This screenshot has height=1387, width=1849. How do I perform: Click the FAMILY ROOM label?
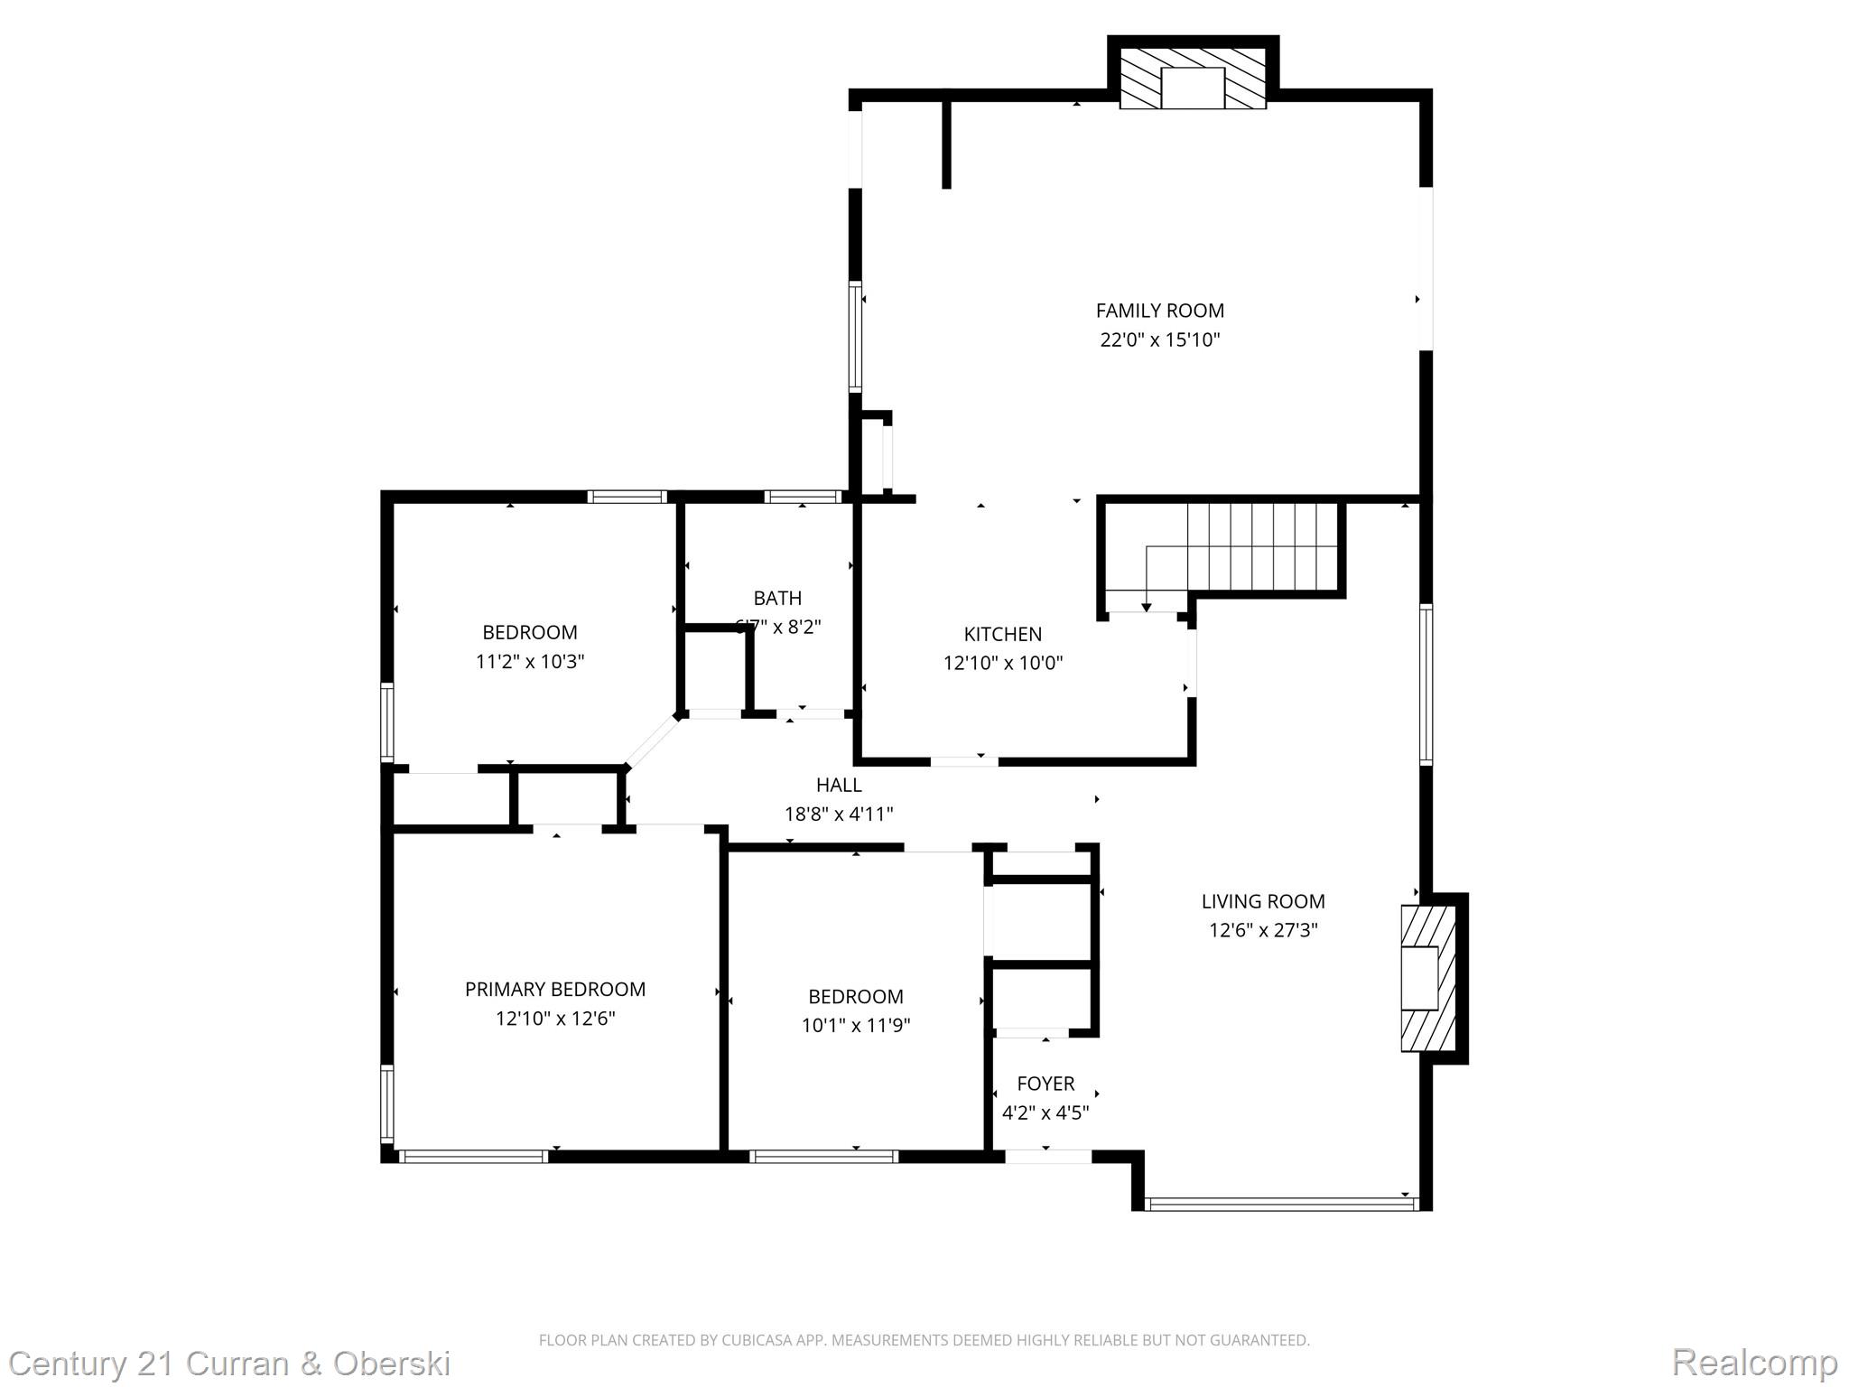pyautogui.click(x=1159, y=311)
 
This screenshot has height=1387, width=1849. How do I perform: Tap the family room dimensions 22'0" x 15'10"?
pyautogui.click(x=1159, y=340)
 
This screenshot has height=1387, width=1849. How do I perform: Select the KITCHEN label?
pyautogui.click(x=1002, y=634)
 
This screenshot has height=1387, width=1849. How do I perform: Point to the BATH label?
pyautogui.click(x=777, y=598)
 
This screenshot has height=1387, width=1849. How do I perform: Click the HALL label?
pyautogui.click(x=839, y=785)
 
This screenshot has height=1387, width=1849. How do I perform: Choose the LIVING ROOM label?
pyautogui.click(x=1262, y=901)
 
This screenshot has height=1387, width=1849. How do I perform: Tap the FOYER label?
pyautogui.click(x=1045, y=1084)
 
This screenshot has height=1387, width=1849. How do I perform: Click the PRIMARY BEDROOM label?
pyautogui.click(x=554, y=990)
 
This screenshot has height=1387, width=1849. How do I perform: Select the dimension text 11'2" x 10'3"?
pyautogui.click(x=530, y=662)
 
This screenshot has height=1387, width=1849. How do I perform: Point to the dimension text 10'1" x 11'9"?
pyautogui.click(x=855, y=1026)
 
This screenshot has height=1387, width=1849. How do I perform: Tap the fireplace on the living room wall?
pyautogui.click(x=1426, y=979)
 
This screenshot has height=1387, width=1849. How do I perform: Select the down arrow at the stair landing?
pyautogui.click(x=1146, y=606)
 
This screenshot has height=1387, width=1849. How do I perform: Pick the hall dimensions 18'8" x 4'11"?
pyautogui.click(x=839, y=815)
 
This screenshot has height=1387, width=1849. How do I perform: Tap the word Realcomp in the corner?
pyautogui.click(x=1754, y=1362)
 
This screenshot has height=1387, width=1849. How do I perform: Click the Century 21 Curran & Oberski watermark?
pyautogui.click(x=229, y=1364)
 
